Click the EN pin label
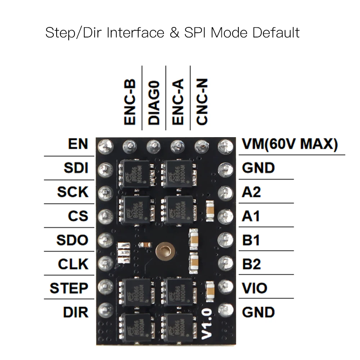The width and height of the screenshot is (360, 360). click(78, 144)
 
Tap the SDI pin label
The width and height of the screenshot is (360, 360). click(76, 168)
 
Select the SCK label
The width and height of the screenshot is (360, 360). click(72, 192)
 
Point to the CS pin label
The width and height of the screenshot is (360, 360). click(78, 216)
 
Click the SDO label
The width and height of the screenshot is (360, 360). click(72, 240)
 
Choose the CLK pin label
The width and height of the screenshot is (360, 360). click(73, 264)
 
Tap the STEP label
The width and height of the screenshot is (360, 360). click(69, 288)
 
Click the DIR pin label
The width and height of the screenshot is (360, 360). click(76, 312)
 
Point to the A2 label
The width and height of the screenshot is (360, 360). click(251, 192)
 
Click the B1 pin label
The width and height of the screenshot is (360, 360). click(251, 240)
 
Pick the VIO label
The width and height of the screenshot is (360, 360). click(255, 288)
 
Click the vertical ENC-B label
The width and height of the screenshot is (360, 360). click(130, 103)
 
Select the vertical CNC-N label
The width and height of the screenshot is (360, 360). click(202, 103)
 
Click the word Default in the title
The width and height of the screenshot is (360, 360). click(276, 33)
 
